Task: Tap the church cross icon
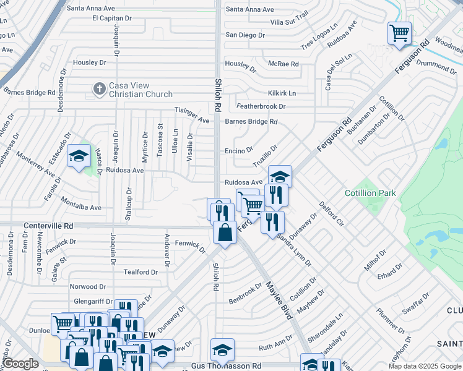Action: click(x=98, y=90)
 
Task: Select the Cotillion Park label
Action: click(x=370, y=193)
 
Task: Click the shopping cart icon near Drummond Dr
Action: click(x=399, y=32)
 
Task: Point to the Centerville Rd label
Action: click(x=48, y=226)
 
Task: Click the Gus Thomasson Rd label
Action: click(x=227, y=366)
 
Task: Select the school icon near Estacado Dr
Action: click(x=79, y=156)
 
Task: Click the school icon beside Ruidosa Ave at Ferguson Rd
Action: click(x=280, y=176)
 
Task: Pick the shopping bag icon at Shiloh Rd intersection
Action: click(x=224, y=232)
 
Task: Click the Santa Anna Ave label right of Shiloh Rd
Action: click(x=249, y=9)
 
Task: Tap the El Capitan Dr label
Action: click(x=112, y=18)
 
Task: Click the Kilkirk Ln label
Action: click(x=282, y=93)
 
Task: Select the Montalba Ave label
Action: click(x=80, y=203)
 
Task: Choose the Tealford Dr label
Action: click(x=141, y=272)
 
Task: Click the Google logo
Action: click(x=20, y=364)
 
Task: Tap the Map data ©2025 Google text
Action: click(x=424, y=366)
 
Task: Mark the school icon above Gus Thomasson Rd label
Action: click(x=222, y=350)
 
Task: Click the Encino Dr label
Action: click(x=239, y=150)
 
